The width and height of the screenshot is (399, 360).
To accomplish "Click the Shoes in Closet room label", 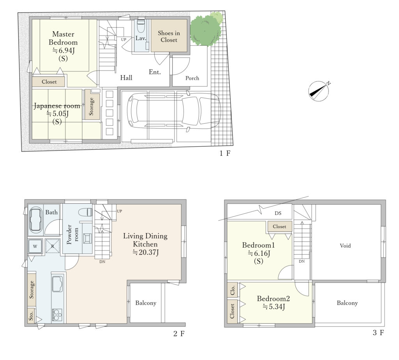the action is pyautogui.click(x=169, y=36).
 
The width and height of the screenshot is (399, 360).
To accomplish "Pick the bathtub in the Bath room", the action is pyautogui.click(x=36, y=220).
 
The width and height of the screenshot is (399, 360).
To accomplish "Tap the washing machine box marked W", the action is pyautogui.click(x=35, y=246).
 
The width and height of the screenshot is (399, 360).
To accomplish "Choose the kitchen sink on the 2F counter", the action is pyautogui.click(x=57, y=284).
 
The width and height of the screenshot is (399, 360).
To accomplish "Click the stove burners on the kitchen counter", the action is pyautogui.click(x=57, y=315).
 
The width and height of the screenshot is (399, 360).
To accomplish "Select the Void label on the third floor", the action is pyautogui.click(x=345, y=246).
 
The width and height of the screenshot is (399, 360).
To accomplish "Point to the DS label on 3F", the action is pyautogui.click(x=278, y=213).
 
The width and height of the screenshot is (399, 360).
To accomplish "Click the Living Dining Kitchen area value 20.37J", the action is pyautogui.click(x=146, y=252).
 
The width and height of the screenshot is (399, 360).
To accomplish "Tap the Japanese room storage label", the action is pyautogui.click(x=91, y=106).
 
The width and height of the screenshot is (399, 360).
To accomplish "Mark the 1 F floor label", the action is pyautogui.click(x=225, y=153).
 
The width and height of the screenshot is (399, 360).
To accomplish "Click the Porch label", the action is pyautogui.click(x=192, y=78).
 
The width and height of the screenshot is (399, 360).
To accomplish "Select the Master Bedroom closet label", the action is pyautogui.click(x=49, y=82).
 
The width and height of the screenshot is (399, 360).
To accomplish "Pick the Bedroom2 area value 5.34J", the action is pyautogui.click(x=274, y=307).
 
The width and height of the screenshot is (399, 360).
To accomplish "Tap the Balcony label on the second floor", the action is pyautogui.click(x=146, y=303).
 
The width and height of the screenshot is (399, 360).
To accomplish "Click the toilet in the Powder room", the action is pyautogui.click(x=85, y=212).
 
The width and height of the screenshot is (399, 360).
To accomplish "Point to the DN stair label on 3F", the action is pyautogui.click(x=302, y=261).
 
